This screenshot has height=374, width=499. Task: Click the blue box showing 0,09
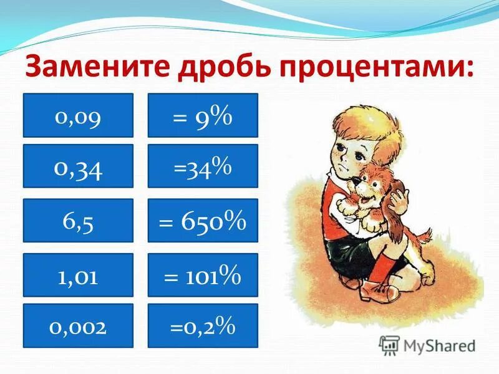(x=78, y=115)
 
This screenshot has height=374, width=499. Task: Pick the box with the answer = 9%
(x=203, y=115)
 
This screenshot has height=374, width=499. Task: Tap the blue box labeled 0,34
(x=78, y=166)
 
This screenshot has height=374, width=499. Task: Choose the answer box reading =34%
(x=203, y=166)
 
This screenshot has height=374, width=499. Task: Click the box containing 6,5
(x=78, y=220)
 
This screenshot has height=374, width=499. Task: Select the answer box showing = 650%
(x=203, y=220)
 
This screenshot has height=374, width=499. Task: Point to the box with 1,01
(x=78, y=274)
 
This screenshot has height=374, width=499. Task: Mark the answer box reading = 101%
(x=203, y=274)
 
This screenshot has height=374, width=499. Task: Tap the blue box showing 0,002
(x=78, y=325)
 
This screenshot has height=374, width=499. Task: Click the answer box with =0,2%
(x=203, y=325)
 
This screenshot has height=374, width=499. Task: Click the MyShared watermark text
(x=437, y=345)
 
